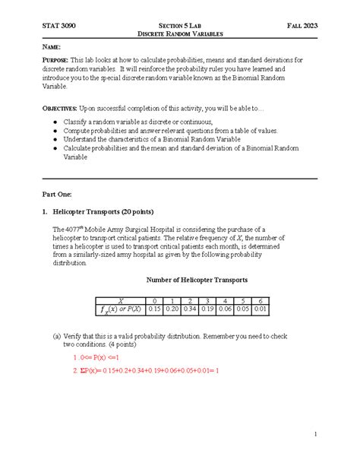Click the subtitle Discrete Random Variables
179,34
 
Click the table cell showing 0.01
260,309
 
